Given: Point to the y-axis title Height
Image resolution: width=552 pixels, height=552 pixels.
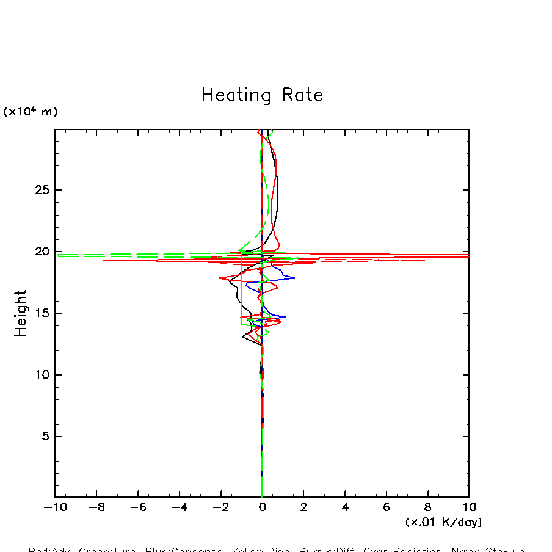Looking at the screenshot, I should click(21, 313).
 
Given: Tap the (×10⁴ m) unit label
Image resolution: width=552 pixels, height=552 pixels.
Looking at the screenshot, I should click(31, 112).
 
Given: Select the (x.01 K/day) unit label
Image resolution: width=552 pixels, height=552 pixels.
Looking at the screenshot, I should click(444, 522).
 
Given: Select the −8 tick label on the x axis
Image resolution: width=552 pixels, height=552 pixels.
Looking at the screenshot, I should click(96, 507).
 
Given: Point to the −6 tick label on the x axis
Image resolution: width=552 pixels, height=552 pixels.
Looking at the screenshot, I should click(137, 507).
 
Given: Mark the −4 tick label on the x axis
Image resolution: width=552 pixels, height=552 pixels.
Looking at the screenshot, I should click(179, 507).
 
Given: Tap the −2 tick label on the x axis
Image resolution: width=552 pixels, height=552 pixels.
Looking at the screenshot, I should click(220, 507).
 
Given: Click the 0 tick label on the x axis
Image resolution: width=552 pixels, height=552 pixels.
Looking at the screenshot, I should click(262, 507).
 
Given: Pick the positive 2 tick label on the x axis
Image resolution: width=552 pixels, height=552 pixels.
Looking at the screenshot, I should click(303, 507).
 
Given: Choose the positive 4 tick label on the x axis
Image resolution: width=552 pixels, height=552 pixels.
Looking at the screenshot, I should click(345, 507).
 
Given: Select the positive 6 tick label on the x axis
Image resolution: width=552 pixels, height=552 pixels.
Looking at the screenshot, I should click(387, 507).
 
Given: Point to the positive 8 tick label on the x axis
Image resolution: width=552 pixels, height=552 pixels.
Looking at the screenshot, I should click(428, 507).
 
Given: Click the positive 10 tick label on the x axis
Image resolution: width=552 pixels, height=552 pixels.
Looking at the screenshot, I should click(468, 507).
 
